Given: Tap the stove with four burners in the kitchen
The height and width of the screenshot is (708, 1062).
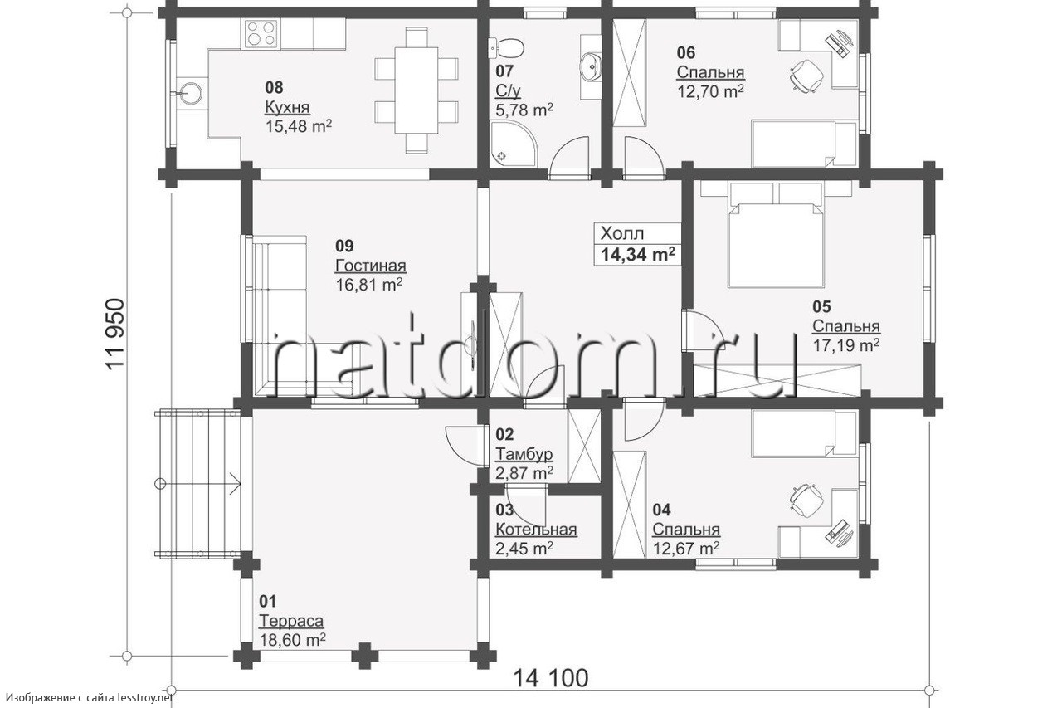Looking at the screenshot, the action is click(261, 33).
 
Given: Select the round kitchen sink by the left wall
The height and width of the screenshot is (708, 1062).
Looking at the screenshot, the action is click(192, 92).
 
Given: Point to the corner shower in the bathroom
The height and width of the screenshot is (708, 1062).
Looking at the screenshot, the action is click(514, 144).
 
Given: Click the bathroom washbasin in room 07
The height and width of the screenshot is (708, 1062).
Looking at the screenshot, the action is click(591, 66).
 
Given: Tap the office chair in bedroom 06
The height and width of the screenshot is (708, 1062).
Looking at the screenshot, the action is click(806, 75).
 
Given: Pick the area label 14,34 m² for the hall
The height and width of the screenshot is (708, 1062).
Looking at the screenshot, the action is click(638, 255).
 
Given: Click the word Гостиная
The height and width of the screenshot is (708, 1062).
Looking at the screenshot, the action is click(371, 266).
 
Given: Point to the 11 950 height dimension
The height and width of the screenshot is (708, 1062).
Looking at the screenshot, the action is click(115, 334).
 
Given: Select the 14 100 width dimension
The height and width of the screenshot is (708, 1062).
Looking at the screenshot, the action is click(550, 678).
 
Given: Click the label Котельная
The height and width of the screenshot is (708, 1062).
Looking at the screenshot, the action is click(536, 530).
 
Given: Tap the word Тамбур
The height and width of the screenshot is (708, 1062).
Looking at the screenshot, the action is click(524, 454).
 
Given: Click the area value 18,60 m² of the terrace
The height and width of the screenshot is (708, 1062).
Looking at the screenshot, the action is click(293, 640).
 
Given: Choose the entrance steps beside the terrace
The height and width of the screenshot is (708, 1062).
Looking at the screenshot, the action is click(197, 484).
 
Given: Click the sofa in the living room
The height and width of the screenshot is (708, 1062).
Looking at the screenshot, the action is click(280, 316).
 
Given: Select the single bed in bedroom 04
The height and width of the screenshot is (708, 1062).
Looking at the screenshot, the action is click(805, 433).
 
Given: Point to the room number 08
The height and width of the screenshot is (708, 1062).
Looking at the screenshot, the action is click(274, 88).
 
